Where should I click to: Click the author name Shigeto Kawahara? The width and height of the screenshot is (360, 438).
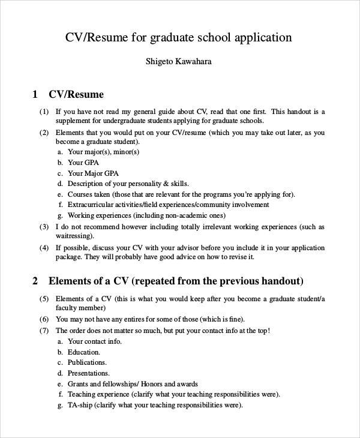179,62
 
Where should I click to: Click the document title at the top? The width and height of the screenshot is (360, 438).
179,38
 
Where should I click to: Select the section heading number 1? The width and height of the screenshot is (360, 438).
35,94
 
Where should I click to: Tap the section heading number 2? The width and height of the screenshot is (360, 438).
35,281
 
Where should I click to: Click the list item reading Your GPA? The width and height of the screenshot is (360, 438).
83,163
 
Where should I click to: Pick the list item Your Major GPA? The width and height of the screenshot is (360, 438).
93,173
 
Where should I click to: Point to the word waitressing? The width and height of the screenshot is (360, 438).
73,236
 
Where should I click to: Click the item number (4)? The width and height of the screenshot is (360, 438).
44,247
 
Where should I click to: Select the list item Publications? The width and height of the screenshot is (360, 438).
87,362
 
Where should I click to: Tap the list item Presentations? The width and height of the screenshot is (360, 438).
89,373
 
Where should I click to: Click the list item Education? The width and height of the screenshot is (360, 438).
84,352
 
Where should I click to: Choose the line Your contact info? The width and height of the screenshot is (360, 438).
95,341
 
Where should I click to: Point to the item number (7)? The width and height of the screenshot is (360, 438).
44,331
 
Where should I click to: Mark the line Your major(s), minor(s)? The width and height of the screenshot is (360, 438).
104,152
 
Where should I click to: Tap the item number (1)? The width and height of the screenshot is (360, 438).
44,112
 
